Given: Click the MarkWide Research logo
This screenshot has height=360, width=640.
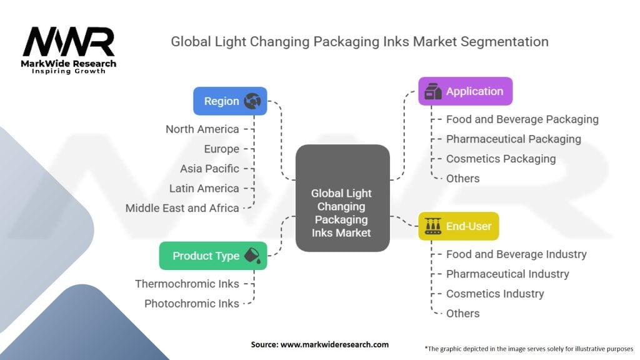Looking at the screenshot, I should [x=69, y=50].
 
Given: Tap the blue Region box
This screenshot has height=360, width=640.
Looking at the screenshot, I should [x=230, y=101].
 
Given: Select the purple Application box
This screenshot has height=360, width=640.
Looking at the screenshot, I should [x=465, y=91].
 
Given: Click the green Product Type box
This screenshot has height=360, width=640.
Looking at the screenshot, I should [x=212, y=256].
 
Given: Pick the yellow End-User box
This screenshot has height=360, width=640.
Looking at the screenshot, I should [x=458, y=226].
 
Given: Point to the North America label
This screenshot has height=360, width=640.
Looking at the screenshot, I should [x=202, y=129].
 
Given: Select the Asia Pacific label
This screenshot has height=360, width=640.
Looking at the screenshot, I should [x=209, y=169].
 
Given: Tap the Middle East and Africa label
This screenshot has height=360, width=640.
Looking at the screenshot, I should [x=182, y=208].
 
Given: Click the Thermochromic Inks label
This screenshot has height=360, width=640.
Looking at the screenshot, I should [x=187, y=284].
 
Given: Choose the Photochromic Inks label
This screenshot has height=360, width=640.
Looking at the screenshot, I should [x=191, y=304].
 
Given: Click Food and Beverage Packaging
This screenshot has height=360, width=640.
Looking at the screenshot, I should [x=522, y=119].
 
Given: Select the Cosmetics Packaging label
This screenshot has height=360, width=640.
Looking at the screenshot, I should [x=501, y=159].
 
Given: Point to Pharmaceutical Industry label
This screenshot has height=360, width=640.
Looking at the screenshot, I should [x=507, y=274].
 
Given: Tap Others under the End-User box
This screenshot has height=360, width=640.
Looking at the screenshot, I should [x=462, y=314].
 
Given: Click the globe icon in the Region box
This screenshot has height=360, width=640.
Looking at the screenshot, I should [x=252, y=101].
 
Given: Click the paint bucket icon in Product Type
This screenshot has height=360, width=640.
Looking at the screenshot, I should [x=253, y=256].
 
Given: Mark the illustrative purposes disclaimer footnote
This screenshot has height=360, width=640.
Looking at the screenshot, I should [x=528, y=348].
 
